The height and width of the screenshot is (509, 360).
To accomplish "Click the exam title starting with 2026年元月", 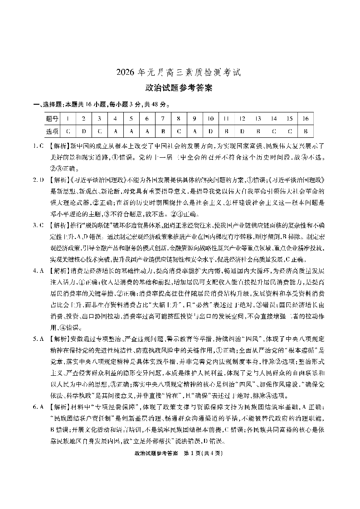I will pos(180,72).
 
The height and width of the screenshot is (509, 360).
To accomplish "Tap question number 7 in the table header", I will pos(163,119).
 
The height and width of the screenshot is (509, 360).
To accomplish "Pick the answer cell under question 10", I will pos(210,131).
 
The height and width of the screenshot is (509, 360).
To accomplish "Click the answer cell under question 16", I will pos(306,131).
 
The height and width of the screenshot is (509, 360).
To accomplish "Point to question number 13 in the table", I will pos(258,119).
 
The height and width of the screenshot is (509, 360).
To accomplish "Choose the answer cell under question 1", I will pos(68,131).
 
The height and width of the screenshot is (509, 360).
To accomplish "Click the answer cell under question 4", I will pos(115,131).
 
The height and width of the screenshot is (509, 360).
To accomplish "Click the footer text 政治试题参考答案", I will pos(155,453).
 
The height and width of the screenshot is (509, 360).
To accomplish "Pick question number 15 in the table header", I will pos(289,119).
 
